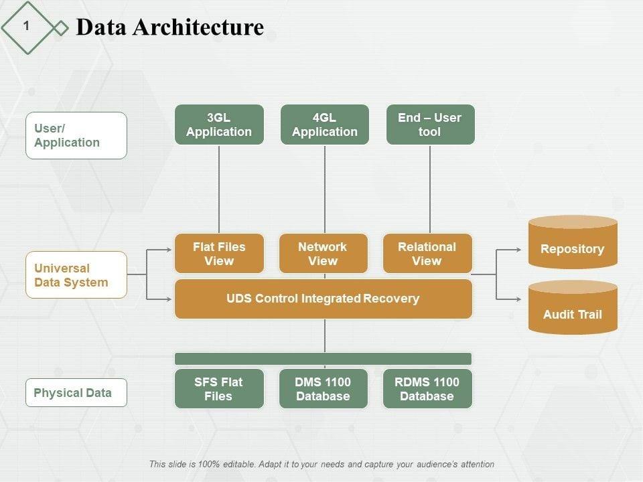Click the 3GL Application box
(219, 125)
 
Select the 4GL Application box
(324, 125)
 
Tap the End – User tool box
(430, 125)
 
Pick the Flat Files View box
(219, 254)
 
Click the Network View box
(323, 254)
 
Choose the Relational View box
(427, 254)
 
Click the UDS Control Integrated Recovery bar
(323, 299)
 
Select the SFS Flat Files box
(219, 389)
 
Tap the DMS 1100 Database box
(323, 389)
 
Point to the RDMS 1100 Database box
(427, 389)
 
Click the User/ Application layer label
(76, 135)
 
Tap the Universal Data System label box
(76, 275)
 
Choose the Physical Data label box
(76, 393)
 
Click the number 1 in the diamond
(26, 26)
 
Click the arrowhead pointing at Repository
(518, 250)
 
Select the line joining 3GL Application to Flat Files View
(219, 189)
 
